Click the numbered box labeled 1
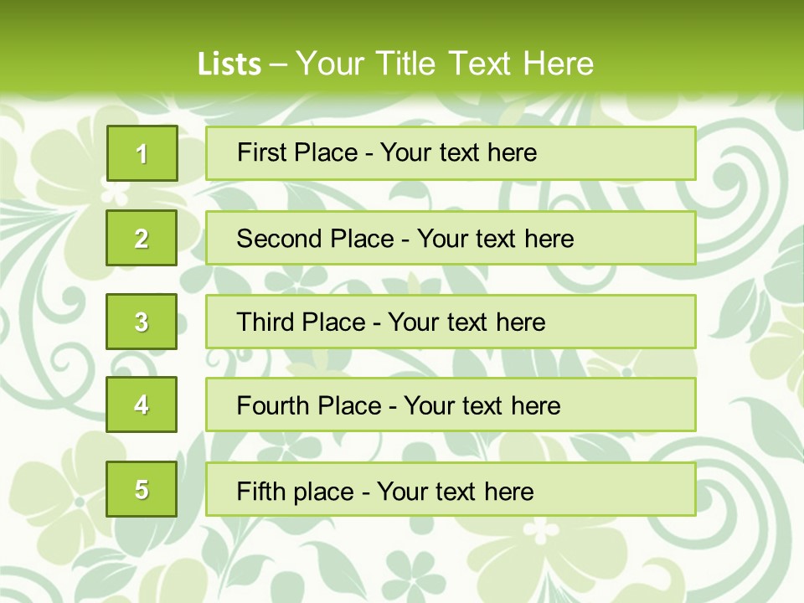142,153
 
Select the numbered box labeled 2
142,238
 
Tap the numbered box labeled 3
142,322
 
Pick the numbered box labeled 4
142,405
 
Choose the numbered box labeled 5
142,489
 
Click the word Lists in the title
229,64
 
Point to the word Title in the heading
407,64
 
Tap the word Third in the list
266,322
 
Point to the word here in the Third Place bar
520,322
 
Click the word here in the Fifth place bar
508,491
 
